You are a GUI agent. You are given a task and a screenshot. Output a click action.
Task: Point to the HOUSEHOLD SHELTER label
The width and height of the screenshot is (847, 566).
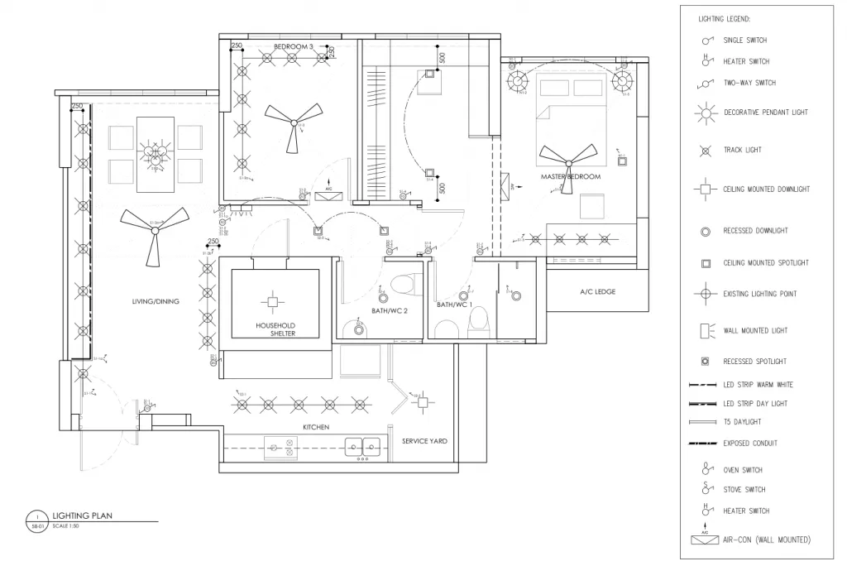(x=275, y=330)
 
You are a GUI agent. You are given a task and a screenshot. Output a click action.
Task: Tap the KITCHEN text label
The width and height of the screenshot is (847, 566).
(x=315, y=427)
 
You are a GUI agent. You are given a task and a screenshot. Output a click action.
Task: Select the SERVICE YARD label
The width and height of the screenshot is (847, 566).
(x=424, y=441)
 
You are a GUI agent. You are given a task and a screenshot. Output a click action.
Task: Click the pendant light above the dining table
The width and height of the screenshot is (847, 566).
(x=153, y=151)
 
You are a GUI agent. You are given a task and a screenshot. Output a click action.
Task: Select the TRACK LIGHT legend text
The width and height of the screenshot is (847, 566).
(x=742, y=150)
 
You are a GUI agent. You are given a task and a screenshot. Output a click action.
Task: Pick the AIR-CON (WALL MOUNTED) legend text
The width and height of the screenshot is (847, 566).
(x=767, y=540)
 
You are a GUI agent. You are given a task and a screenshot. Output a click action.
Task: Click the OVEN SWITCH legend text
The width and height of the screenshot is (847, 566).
(x=744, y=469)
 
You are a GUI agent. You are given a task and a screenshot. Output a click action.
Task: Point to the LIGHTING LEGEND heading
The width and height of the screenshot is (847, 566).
(x=725, y=18)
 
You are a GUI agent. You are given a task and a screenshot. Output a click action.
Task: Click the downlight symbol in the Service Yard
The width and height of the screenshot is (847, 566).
(x=422, y=402)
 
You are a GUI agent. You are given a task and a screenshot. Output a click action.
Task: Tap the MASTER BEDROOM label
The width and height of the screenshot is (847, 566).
(x=571, y=177)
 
